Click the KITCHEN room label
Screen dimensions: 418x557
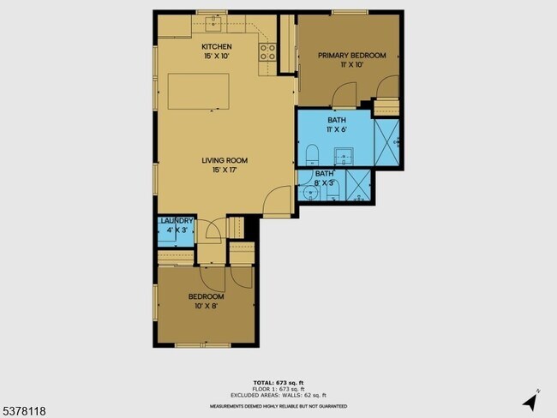click(x=216, y=46)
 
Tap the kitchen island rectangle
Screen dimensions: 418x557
click(x=198, y=91)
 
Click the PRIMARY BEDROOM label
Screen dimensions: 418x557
click(x=351, y=56)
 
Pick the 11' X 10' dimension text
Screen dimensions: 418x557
click(x=351, y=65)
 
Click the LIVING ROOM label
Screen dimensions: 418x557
click(x=225, y=160)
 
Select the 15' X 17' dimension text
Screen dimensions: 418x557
click(x=225, y=170)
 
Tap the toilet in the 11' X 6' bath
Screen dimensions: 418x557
click(x=312, y=154)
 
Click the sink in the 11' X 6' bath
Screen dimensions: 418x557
click(x=348, y=155)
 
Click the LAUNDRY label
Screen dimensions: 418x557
click(x=177, y=221)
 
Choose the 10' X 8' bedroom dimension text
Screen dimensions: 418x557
click(x=206, y=306)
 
